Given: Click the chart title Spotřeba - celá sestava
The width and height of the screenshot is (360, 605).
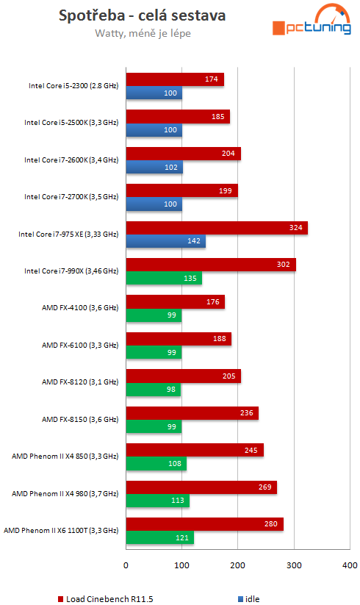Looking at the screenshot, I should tap(142, 15).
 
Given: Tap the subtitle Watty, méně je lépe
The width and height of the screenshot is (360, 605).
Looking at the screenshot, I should tap(142, 33).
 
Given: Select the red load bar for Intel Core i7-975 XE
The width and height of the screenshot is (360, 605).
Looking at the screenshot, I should tap(217, 228).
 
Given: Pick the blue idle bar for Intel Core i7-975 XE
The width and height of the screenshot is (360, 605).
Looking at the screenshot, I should tap(166, 242).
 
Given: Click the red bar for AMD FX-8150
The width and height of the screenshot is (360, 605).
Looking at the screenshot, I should tap(192, 413).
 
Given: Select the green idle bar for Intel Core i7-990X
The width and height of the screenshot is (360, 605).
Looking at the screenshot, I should tap(164, 279).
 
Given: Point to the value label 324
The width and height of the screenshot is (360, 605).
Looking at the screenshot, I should tap(297, 228).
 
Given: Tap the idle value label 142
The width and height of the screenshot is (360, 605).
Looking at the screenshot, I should tap(195, 242).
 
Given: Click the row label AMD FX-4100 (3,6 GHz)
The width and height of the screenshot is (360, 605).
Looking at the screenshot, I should tap(79, 309).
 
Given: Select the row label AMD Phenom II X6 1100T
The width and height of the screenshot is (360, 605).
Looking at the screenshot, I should tap(61, 530).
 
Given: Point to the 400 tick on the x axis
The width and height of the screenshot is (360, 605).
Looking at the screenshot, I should tap(350, 565).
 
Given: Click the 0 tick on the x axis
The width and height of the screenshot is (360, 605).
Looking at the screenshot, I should tap(126, 565).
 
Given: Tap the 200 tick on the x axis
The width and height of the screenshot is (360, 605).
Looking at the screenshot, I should tap(238, 565).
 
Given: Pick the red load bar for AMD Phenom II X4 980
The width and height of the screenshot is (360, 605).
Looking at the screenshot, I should tap(201, 487).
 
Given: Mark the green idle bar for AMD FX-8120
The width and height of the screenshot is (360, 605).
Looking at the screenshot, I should tap(154, 390).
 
